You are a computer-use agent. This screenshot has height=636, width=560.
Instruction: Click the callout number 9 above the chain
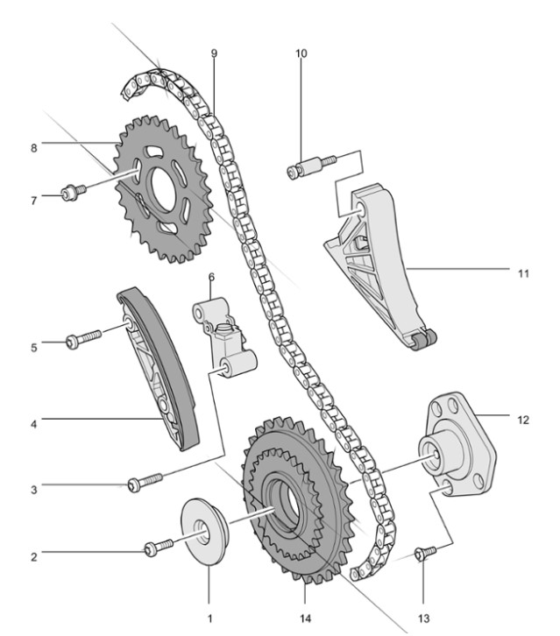[214, 53]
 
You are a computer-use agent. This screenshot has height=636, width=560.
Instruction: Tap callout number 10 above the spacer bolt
[301, 53]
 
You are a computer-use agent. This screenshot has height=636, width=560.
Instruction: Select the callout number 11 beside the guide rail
[523, 274]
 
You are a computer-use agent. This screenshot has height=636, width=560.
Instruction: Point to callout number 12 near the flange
[523, 420]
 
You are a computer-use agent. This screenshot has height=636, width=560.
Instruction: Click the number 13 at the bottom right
[423, 618]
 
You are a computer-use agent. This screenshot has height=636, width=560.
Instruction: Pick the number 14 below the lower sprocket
[305, 618]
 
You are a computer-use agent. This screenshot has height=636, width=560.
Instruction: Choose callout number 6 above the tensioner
[211, 277]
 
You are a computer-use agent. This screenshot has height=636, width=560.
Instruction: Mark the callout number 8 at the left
[33, 148]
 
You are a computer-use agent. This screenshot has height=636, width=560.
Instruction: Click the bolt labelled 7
[74, 192]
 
